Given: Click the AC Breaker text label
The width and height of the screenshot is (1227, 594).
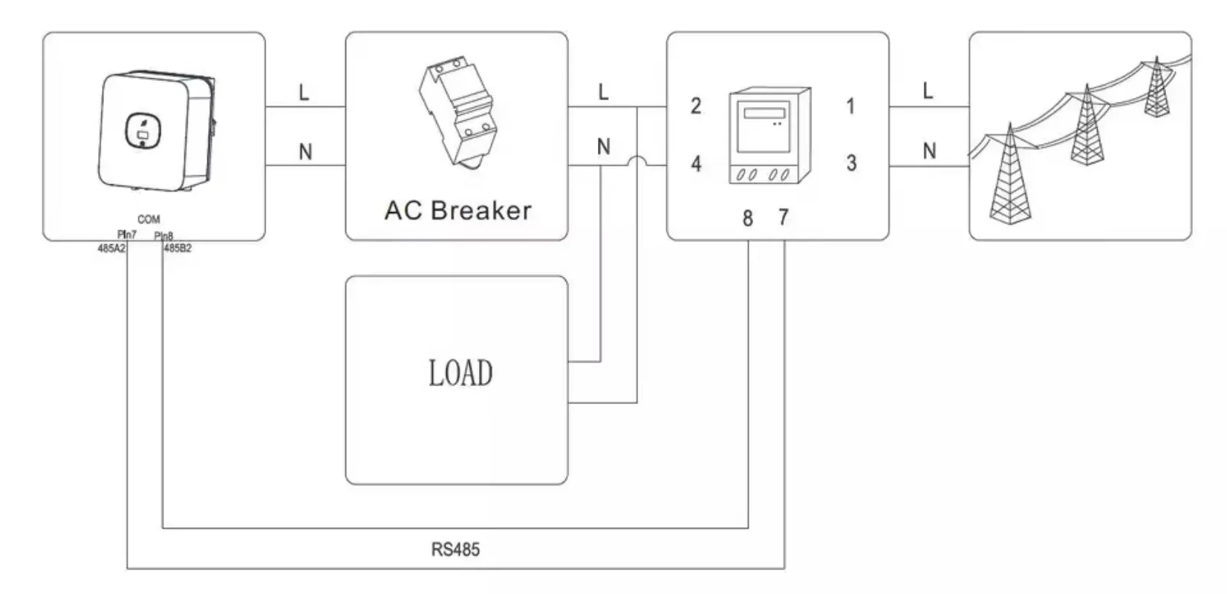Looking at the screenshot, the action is [x=458, y=210].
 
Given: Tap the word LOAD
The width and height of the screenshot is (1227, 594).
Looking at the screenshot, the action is [x=460, y=373].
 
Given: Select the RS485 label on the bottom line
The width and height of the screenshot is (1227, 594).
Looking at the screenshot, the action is [x=455, y=549].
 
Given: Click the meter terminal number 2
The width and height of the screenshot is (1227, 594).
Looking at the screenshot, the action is [x=696, y=105].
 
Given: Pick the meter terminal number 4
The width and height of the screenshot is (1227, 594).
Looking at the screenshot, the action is [x=696, y=163].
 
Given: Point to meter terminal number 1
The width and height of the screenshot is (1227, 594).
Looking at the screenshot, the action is [x=850, y=106].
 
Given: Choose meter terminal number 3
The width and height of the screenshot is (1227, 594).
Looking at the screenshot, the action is [x=851, y=163].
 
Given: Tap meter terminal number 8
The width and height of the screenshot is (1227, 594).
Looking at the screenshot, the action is [x=748, y=218].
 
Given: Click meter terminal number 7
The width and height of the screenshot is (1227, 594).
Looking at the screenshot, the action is [x=784, y=218].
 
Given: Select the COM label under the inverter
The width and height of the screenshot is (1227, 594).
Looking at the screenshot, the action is [x=149, y=219].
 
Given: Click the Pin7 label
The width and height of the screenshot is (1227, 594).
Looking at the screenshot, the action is [x=126, y=235].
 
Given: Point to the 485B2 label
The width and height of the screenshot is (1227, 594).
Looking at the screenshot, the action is [x=178, y=248].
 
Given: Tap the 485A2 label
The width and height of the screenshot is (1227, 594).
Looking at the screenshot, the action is [x=111, y=248].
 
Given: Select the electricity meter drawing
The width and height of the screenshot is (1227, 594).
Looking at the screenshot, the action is [x=769, y=135].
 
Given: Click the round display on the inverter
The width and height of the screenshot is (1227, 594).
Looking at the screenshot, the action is [x=143, y=131].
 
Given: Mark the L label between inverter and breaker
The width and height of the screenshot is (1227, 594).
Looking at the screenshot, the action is [x=304, y=92].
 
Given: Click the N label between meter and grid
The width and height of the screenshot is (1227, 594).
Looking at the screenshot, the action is [x=929, y=151].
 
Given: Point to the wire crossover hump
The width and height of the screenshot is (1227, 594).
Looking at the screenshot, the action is [x=637, y=159].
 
